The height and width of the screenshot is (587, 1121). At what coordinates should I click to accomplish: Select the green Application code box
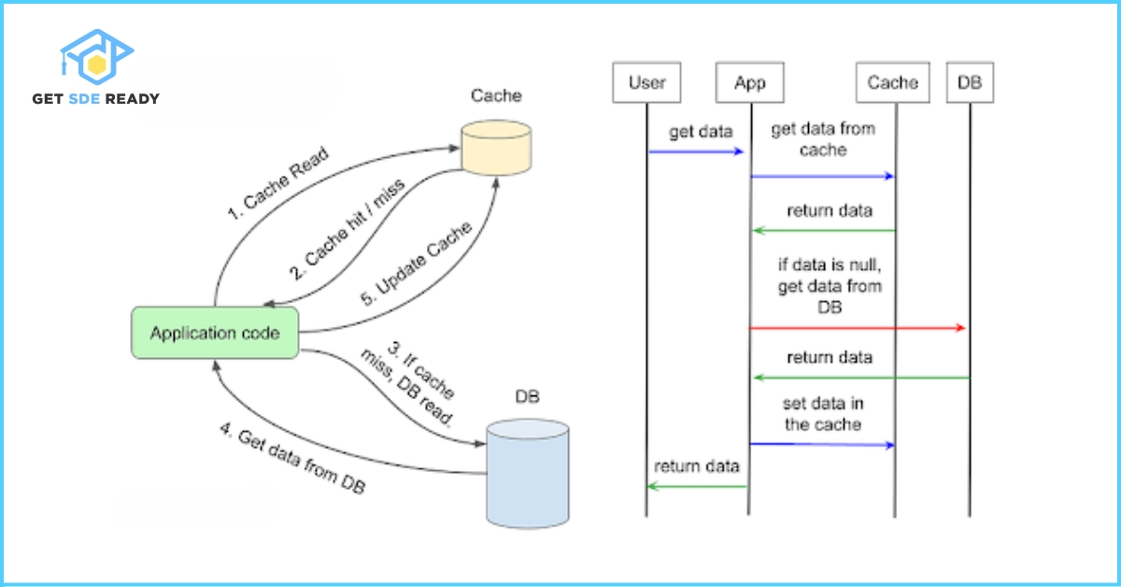point(214,333)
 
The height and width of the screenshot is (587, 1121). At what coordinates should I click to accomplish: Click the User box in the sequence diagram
point(646,83)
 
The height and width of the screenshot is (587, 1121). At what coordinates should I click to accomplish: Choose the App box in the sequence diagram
point(749,83)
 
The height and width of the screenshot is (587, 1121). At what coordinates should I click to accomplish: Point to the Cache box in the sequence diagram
point(893,83)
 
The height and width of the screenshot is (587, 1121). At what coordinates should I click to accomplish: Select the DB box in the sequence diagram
point(969,83)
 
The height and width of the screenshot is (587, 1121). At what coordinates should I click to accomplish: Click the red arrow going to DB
point(857,328)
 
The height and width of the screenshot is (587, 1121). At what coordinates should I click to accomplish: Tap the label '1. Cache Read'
point(279,184)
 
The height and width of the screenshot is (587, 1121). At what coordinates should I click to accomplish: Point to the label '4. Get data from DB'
point(292,462)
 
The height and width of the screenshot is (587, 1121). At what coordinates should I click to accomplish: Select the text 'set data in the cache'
point(822,414)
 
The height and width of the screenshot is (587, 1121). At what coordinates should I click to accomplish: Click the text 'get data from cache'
point(822,140)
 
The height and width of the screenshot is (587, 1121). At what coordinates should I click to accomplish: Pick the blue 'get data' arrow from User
point(696,151)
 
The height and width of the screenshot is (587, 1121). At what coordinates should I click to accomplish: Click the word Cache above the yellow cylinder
point(496,96)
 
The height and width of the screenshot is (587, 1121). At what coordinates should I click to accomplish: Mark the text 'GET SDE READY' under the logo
point(95,99)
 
